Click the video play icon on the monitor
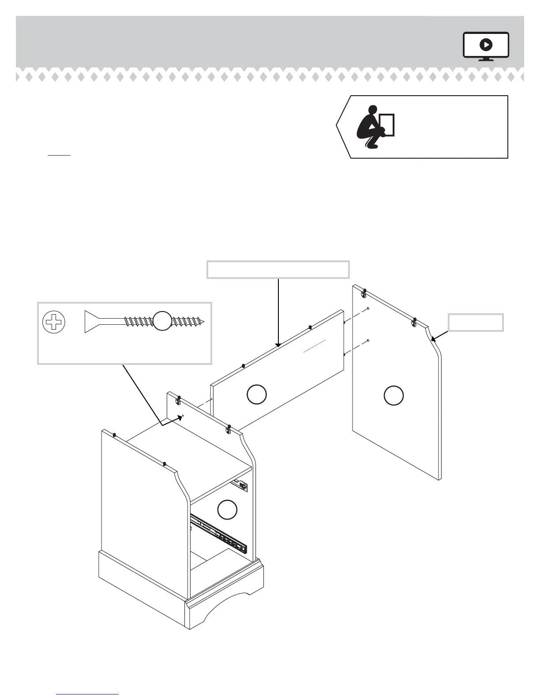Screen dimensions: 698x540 [486, 45]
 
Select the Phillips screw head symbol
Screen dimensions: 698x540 [53, 322]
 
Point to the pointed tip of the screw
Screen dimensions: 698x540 [204, 321]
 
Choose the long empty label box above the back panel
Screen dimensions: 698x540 [278, 270]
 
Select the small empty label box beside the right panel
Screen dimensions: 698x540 [476, 322]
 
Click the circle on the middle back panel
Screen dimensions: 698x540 [256, 394]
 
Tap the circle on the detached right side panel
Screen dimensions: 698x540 [394, 395]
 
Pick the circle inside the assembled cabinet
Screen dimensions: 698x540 [227, 510]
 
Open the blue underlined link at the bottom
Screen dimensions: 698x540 [87, 694]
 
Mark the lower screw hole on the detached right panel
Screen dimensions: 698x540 [368, 340]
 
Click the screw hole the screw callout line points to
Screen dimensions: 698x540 [183, 416]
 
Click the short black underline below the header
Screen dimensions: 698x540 [59, 155]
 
